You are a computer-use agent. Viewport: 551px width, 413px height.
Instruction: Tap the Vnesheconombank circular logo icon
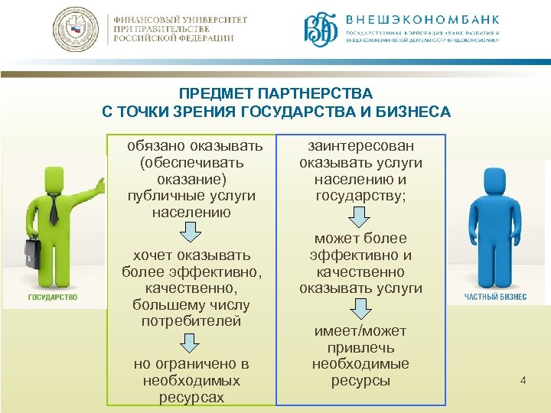(x=320, y=31)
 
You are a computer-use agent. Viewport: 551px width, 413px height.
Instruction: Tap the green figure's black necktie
(x=54, y=207)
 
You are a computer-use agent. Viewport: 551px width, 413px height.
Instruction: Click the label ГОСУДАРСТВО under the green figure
(x=53, y=297)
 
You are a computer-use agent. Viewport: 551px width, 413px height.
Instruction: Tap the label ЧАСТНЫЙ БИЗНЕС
(x=496, y=297)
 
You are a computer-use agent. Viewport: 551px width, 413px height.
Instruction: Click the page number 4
(x=523, y=379)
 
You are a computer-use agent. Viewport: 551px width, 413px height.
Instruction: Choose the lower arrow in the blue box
(x=360, y=308)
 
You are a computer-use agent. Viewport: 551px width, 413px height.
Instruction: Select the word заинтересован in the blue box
(x=360, y=145)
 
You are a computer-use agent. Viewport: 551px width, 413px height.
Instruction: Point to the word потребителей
(x=191, y=320)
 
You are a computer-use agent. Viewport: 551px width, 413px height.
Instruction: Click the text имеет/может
(x=360, y=331)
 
